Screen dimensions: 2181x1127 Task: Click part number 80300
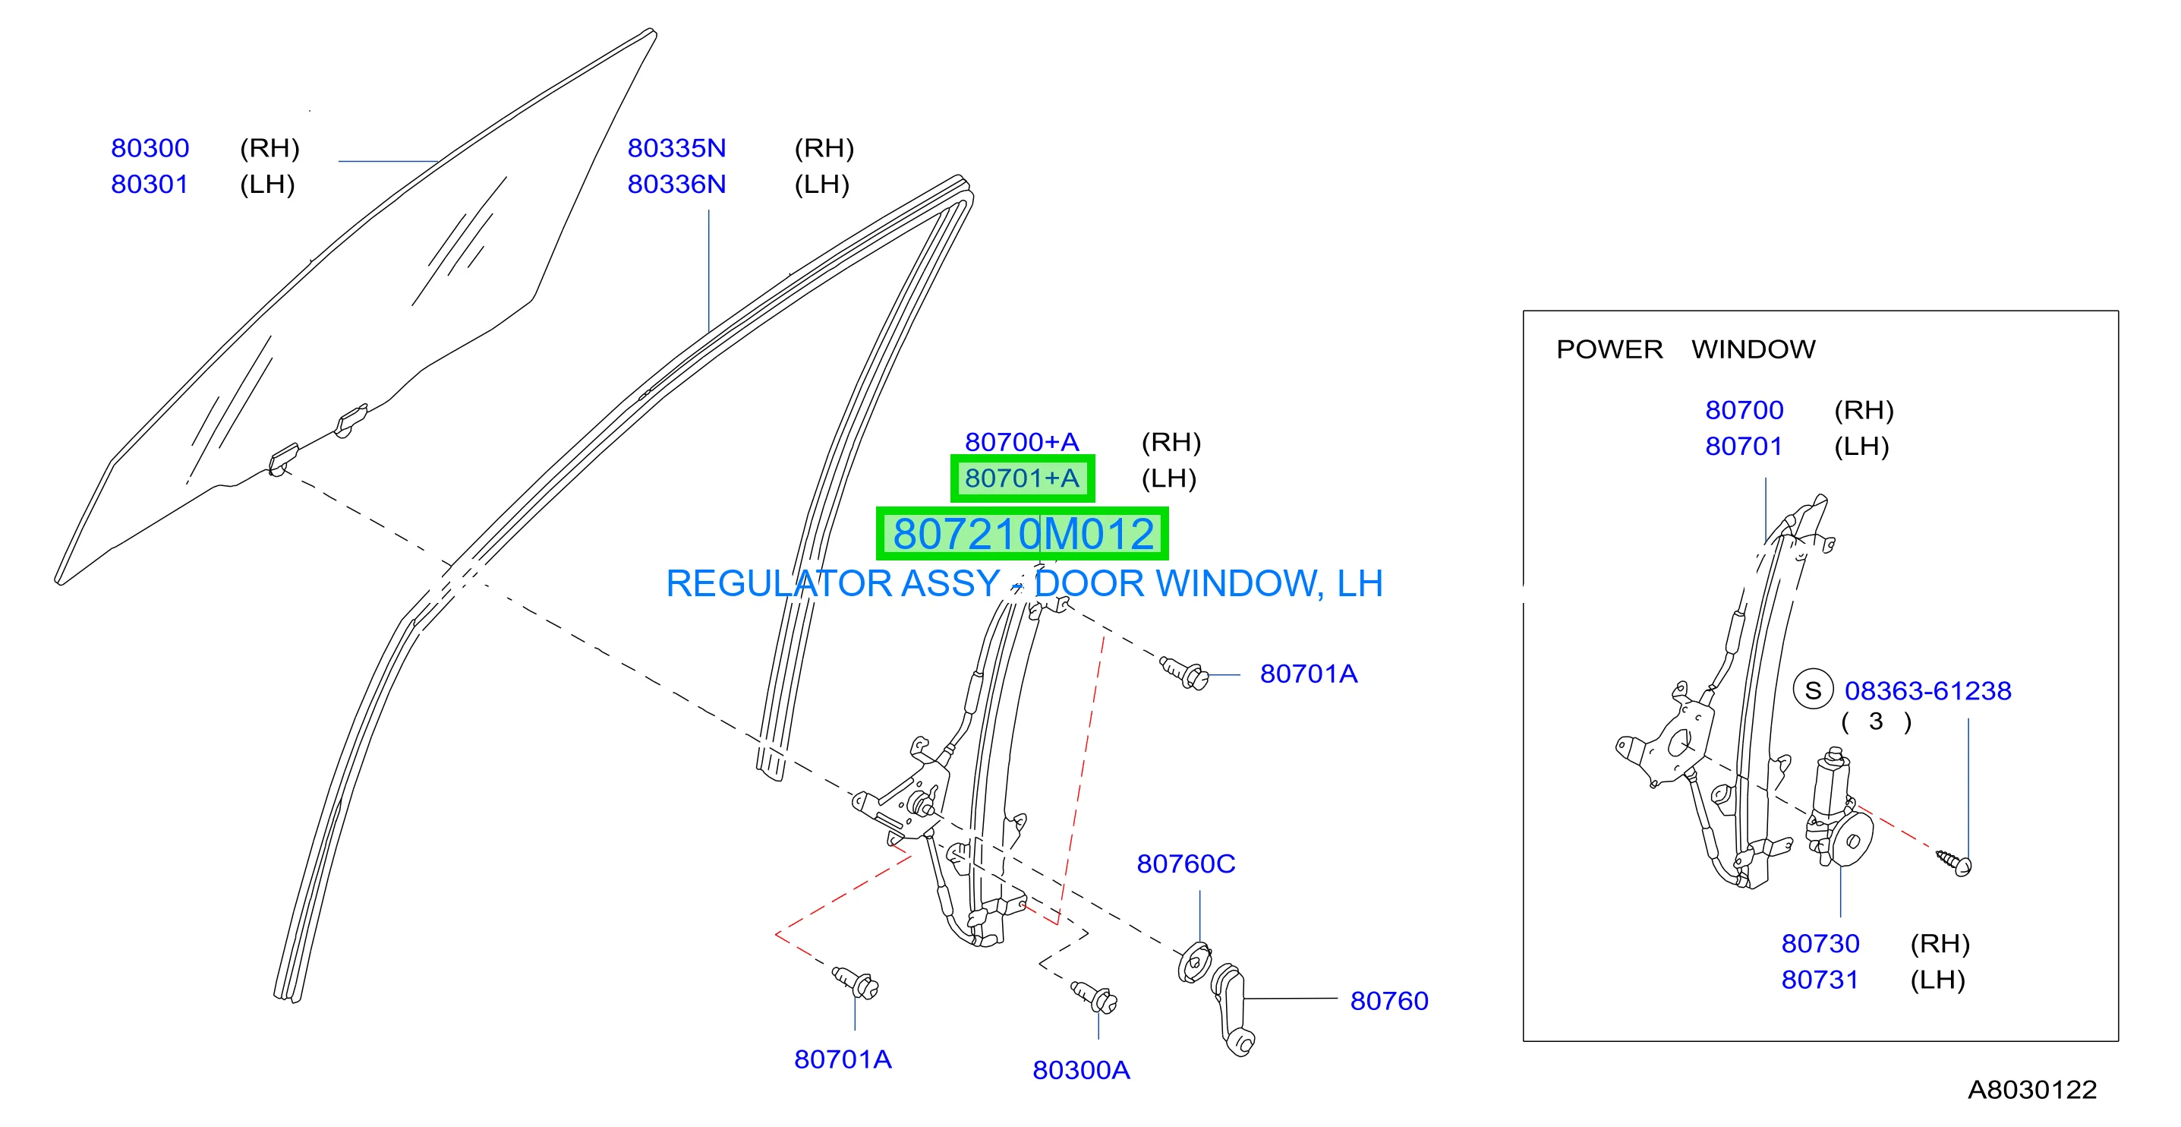coord(150,148)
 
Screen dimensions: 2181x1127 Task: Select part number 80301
coord(150,185)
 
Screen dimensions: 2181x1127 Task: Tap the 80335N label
coord(676,148)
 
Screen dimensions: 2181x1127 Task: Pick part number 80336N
coord(676,185)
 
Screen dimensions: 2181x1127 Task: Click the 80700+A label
coord(1022,442)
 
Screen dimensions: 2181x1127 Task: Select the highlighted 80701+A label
coord(1022,478)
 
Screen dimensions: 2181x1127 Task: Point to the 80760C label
coord(1185,863)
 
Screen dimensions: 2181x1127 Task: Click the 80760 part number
coord(1388,1001)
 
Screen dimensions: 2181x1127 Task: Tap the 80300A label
coord(1081,1070)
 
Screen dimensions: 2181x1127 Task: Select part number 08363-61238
coord(1928,691)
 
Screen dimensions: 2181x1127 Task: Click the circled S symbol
coord(1813,690)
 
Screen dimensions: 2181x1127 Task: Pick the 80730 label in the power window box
coord(1820,943)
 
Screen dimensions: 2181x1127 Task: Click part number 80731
coord(1820,980)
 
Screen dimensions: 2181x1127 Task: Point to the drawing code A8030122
coord(2032,1090)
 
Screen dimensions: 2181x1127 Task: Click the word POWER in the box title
coord(1609,349)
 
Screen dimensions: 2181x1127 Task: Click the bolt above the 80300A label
coord(1094,996)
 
